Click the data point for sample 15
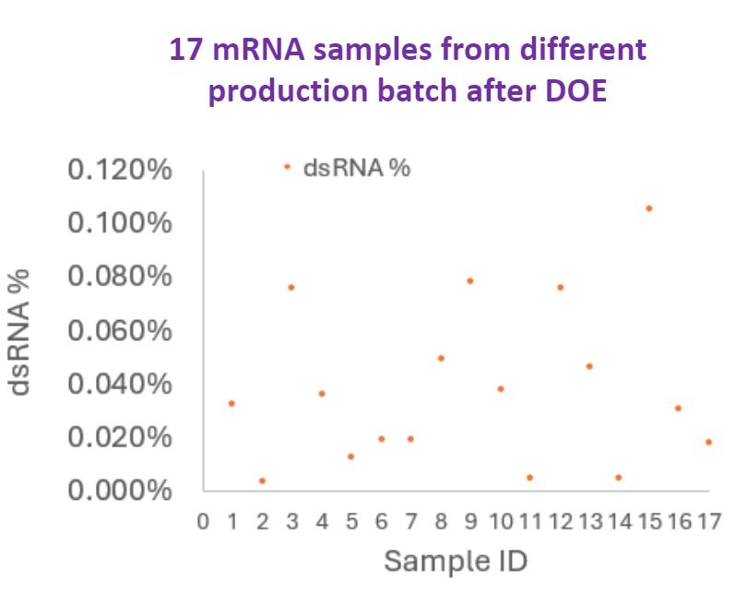point(649,208)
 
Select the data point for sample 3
point(290,288)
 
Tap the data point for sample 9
point(469,280)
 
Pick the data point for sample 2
point(262,480)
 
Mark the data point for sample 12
point(560,288)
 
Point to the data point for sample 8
point(441,358)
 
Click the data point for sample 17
point(708,442)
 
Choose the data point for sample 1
point(231,403)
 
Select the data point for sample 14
point(619,478)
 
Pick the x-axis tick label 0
point(204,522)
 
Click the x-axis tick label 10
point(500,522)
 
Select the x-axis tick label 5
point(350,522)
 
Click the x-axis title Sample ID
point(455,560)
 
